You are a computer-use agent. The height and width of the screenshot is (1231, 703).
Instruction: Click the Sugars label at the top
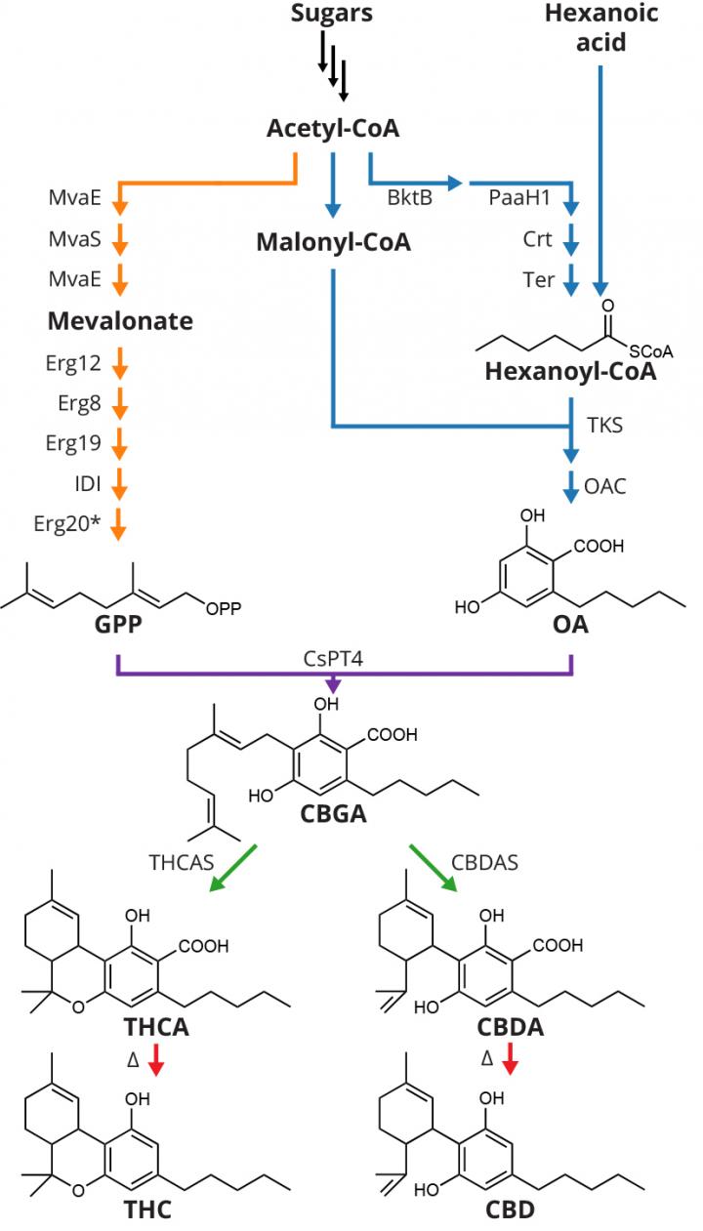point(332,14)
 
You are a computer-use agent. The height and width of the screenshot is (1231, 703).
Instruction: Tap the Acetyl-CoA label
point(333,130)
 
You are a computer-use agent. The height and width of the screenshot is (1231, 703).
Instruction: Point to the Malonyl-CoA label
point(333,242)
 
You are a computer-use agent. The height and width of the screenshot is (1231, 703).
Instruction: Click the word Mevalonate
point(119,321)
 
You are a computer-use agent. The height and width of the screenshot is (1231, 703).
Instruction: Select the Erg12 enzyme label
point(73,364)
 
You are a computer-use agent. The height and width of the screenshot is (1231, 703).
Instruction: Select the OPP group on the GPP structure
point(225,609)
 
